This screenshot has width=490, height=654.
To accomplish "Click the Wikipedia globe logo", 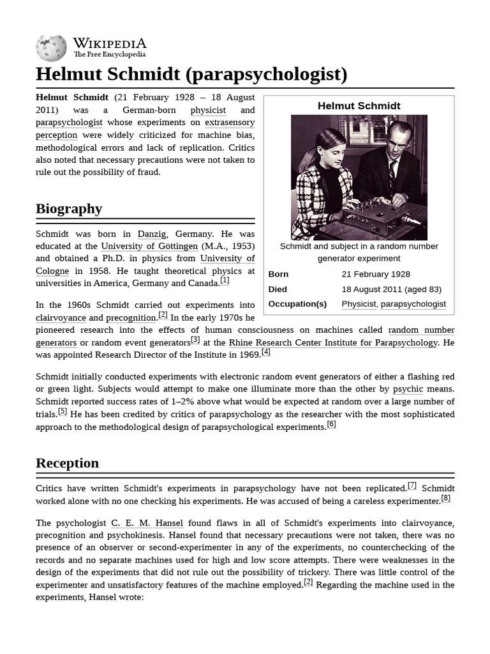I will (52, 48).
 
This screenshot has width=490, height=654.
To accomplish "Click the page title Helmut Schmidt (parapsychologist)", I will (191, 74).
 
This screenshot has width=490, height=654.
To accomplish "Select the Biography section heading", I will (69, 209).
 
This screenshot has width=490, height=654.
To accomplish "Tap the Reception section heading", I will (67, 463).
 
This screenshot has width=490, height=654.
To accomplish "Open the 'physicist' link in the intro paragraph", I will (208, 110).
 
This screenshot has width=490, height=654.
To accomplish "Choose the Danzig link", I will (152, 234).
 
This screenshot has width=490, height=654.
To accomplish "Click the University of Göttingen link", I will (149, 246).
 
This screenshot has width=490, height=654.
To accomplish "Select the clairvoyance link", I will (61, 317).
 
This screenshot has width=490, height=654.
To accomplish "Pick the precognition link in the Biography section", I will (131, 317).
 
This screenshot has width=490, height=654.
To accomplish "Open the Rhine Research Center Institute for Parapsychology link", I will (333, 342).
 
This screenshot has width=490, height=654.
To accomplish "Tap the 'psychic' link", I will (408, 389).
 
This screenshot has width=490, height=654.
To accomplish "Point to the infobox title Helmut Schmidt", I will (359, 106).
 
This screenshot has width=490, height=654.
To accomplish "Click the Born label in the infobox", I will (278, 274).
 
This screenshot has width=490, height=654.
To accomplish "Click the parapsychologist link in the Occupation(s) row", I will (413, 304).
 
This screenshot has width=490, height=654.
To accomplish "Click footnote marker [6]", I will (331, 424).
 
